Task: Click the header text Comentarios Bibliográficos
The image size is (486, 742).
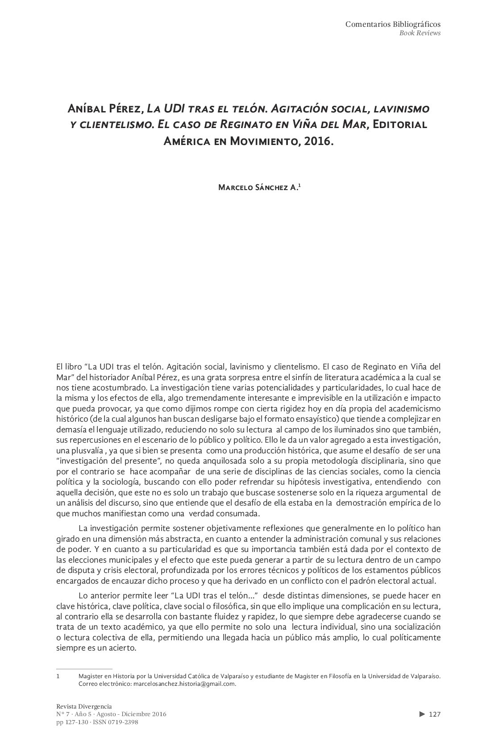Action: click(x=393, y=24)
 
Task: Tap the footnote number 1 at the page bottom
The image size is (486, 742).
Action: click(x=58, y=676)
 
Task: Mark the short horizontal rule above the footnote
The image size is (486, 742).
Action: click(x=84, y=669)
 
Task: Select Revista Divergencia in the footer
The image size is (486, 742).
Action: click(x=84, y=706)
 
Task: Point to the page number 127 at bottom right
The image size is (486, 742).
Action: click(x=435, y=714)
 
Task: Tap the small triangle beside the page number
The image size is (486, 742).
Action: click(x=422, y=714)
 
